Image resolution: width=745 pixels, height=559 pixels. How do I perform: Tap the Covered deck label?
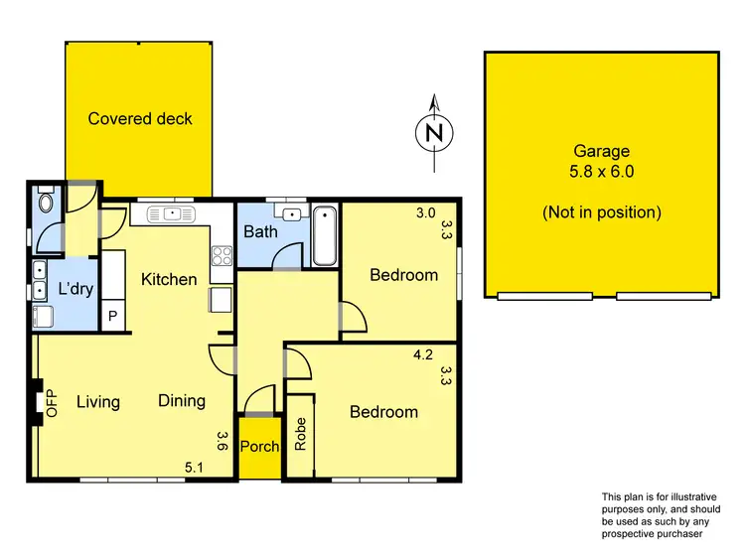[140, 119]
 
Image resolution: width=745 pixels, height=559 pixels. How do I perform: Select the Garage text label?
[601, 152]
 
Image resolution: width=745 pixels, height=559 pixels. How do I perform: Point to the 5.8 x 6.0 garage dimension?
[601, 171]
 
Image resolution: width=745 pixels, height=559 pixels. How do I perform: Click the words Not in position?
[601, 211]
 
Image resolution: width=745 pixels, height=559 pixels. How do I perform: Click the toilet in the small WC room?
[44, 204]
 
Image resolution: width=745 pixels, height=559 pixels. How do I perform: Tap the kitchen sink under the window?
[173, 213]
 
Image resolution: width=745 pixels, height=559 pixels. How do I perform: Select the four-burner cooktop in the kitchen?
[223, 254]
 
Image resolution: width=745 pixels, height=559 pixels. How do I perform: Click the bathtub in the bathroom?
[325, 236]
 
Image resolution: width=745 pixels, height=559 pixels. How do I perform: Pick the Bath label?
[260, 232]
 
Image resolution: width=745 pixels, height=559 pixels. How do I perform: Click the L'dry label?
[74, 290]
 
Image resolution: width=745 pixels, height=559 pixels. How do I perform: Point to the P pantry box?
[113, 317]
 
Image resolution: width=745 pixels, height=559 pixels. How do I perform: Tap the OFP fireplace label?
[53, 402]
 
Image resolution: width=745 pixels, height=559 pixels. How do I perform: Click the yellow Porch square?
[259, 446]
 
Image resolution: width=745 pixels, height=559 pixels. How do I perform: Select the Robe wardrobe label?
[300, 434]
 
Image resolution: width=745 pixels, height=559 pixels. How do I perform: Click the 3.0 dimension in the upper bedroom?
[425, 212]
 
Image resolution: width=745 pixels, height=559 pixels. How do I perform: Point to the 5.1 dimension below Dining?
[195, 467]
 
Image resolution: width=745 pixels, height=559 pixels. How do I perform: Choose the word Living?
[98, 402]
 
